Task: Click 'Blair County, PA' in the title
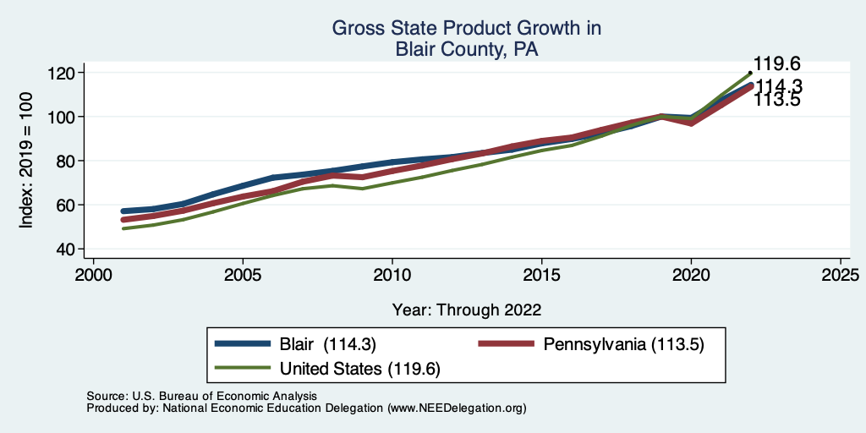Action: [467, 50]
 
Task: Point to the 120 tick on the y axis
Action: [62, 73]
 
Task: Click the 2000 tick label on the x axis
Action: [93, 276]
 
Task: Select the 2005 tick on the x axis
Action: [243, 276]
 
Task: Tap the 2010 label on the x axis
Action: [392, 276]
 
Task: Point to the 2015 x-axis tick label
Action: [541, 276]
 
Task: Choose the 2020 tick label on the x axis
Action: [691, 276]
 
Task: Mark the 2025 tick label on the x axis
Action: [841, 276]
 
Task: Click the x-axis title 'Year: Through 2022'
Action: [467, 310]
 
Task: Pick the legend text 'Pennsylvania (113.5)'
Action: [624, 344]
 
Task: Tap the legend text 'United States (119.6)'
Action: [359, 369]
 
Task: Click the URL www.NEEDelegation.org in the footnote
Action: [457, 408]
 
